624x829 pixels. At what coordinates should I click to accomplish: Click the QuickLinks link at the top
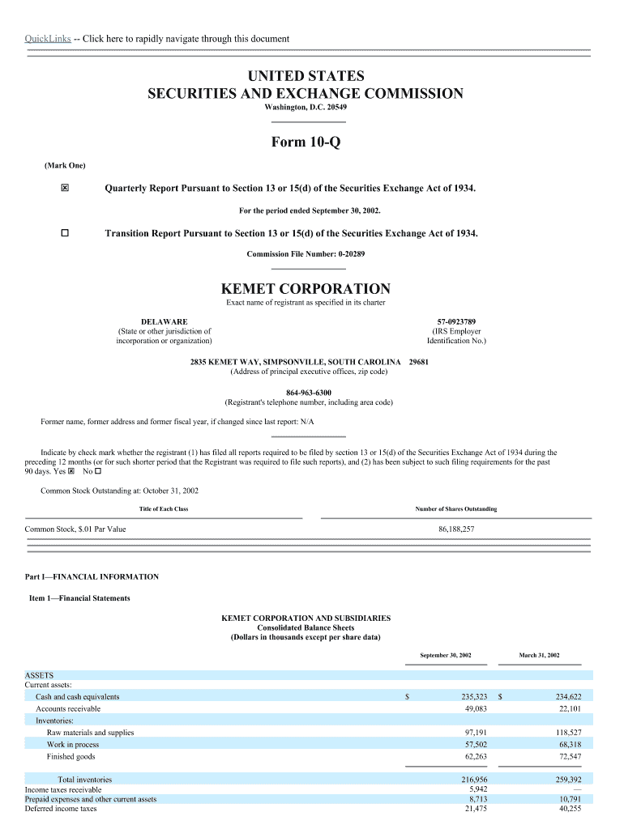48,39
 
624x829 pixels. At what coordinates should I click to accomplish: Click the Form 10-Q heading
306,142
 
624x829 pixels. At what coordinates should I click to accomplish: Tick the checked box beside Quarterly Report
65,189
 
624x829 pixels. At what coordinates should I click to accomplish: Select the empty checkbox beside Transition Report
65,233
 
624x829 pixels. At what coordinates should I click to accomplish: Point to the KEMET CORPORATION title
306,289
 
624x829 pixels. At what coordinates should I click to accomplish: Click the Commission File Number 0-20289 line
306,254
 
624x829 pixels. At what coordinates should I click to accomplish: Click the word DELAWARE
164,321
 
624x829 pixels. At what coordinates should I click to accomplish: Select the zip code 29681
419,362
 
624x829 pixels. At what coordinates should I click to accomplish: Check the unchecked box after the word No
98,471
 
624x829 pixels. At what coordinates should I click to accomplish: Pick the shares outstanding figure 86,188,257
456,529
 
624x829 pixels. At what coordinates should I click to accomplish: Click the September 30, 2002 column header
446,654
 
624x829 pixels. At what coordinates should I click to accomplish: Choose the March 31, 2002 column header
539,654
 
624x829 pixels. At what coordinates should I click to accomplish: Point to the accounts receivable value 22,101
566,708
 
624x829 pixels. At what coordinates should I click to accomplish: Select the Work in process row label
73,744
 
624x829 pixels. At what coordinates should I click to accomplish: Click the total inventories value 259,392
564,780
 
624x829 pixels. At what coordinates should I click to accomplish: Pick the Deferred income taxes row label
61,808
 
